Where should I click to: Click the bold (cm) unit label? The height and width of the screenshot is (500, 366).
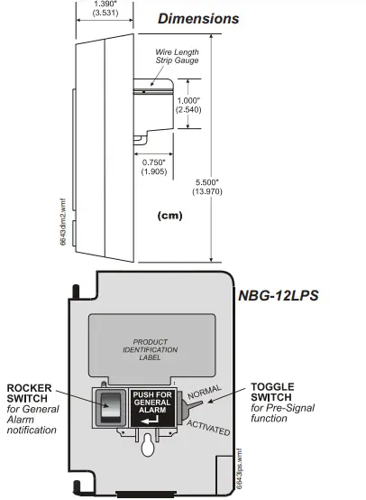pyautogui.click(x=170, y=216)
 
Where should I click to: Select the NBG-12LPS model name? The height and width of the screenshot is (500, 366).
pyautogui.click(x=279, y=294)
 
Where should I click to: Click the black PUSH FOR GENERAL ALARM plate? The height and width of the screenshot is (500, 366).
pyautogui.click(x=154, y=407)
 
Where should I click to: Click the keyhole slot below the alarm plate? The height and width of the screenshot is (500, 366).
pyautogui.click(x=147, y=443)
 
